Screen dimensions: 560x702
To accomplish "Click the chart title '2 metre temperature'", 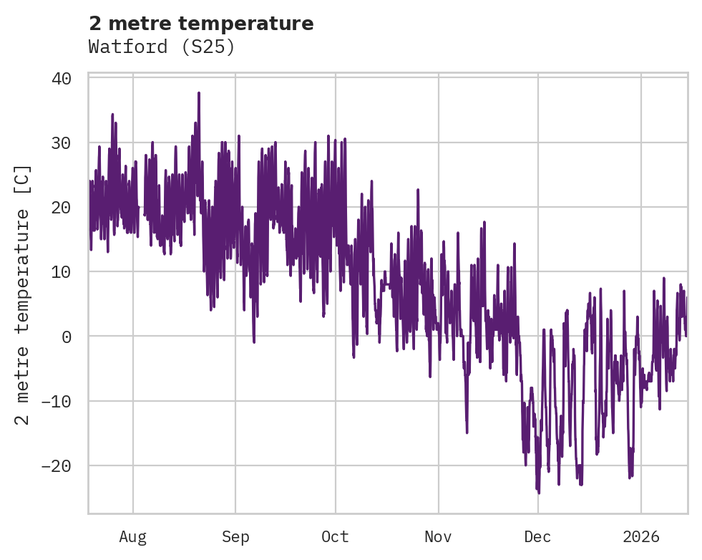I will tap(201, 24).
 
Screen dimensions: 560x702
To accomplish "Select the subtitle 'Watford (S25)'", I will tap(162, 47).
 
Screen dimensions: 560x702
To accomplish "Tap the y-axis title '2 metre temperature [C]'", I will tap(23, 295).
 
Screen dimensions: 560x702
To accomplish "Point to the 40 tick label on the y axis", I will tap(61, 78).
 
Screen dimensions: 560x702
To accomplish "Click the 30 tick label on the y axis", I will tap(61, 143).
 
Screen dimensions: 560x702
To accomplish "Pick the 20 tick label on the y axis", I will tap(61, 207).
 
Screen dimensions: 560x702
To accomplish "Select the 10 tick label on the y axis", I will tap(61, 271).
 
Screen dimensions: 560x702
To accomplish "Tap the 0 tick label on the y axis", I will tap(66, 336).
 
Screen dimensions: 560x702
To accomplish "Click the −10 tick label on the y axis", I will tap(56, 401).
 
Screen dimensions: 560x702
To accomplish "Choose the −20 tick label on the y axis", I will tap(56, 465).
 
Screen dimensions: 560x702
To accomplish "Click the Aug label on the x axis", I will tap(132, 536).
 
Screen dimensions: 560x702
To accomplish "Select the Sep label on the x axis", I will tap(235, 536).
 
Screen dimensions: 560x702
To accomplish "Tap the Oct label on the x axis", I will tap(335, 536).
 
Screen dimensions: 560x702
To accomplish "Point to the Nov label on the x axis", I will tap(438, 536).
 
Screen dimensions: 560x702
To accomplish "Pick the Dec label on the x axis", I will tap(537, 536).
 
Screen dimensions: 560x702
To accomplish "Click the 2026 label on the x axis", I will tap(641, 536).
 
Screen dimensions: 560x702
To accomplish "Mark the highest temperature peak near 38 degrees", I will tap(199, 93).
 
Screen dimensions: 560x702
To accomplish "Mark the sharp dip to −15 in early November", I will tap(467, 432).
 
